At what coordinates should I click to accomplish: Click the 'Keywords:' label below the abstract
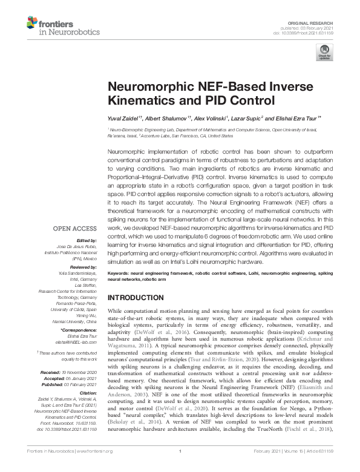coord(119,274)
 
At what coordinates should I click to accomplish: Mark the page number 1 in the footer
coord(180,468)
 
